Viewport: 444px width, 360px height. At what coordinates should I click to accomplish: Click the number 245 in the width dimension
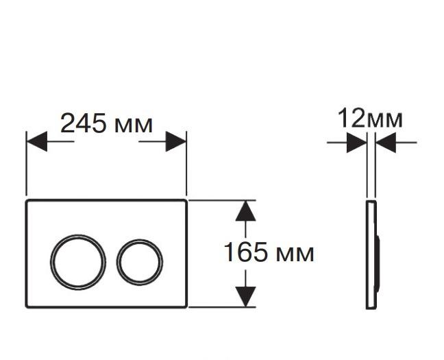point(84,123)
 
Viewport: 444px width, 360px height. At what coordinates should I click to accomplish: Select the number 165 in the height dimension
point(245,252)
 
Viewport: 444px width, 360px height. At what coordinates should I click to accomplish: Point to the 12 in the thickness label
point(351,118)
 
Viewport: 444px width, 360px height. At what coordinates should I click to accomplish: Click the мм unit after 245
point(134,125)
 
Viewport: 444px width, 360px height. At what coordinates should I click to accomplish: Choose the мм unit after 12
point(384,121)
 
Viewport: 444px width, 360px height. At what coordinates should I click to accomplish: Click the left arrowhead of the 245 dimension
point(37,141)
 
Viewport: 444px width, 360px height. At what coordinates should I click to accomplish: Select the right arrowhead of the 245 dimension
point(176,141)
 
